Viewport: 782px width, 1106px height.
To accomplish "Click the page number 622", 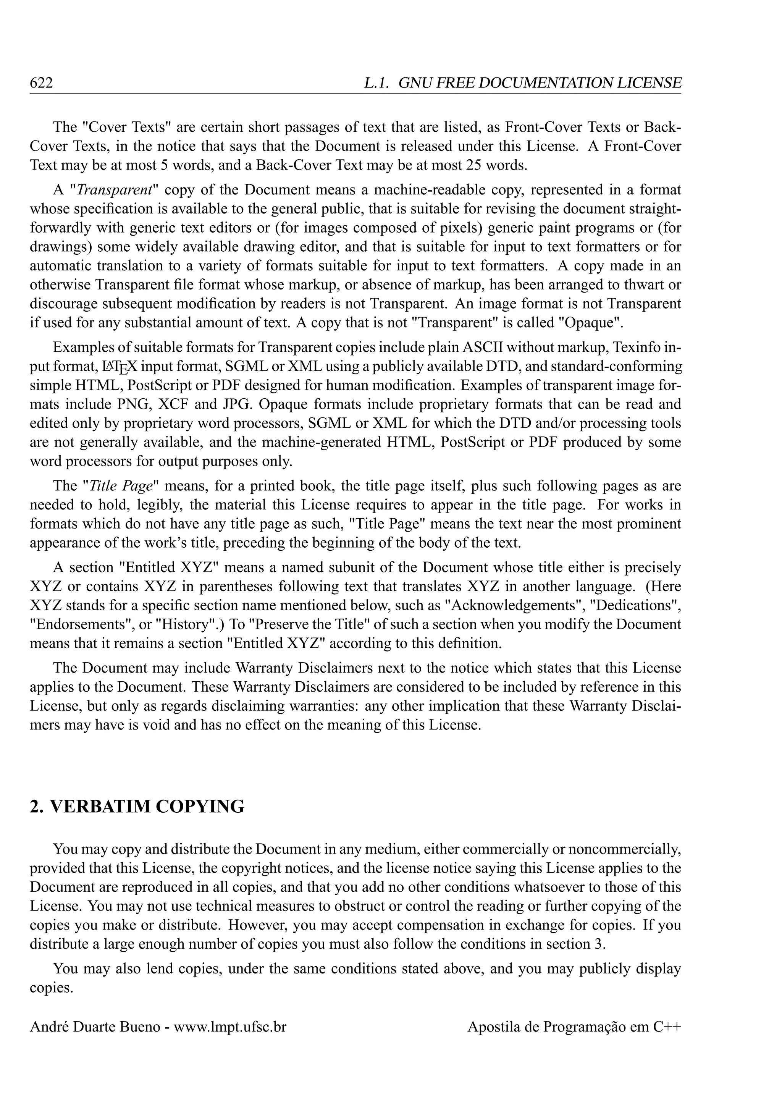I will pyautogui.click(x=41, y=83).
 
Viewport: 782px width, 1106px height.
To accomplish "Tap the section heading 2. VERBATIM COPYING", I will pyautogui.click(x=137, y=806).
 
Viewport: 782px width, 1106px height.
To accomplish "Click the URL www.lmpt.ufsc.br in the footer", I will pyautogui.click(x=230, y=1027).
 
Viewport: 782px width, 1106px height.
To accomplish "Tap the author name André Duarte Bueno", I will pyautogui.click(x=95, y=1027).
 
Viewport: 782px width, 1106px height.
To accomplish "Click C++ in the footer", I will pyautogui.click(x=667, y=1027).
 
